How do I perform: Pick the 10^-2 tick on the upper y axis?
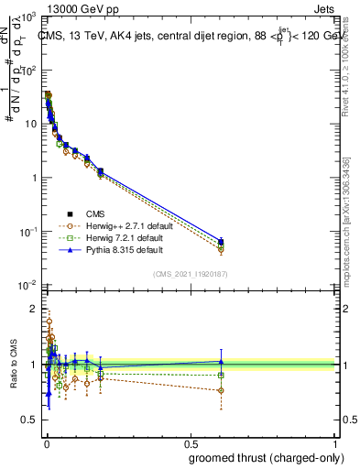click(26, 286)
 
